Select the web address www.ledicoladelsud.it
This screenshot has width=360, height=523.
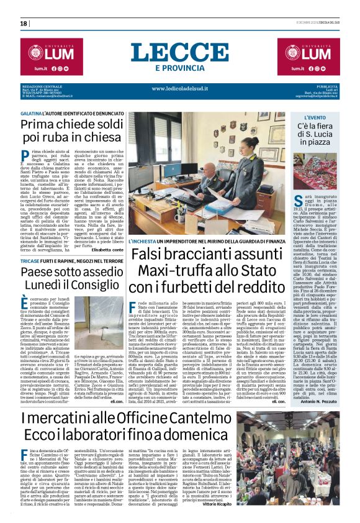[x=179, y=89]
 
